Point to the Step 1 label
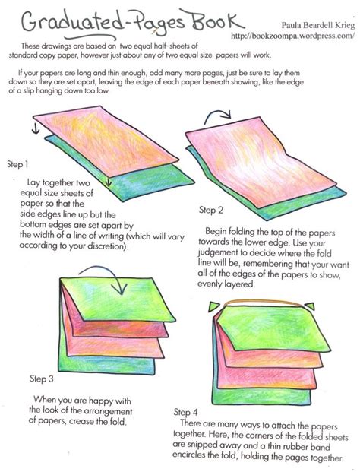17,163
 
